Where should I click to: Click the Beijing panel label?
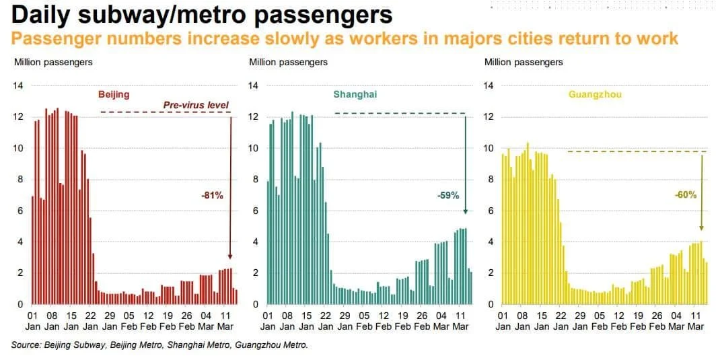[x=114, y=95]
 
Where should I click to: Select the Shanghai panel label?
[x=355, y=95]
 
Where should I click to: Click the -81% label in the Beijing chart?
[x=212, y=195]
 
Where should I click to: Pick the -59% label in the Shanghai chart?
[x=447, y=196]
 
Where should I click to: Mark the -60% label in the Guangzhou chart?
[x=685, y=195]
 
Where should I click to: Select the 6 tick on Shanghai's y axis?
[x=256, y=211]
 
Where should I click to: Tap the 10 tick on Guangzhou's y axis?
[x=489, y=148]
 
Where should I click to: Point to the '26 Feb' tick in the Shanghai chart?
[x=421, y=320]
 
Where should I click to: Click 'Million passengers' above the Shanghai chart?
[x=288, y=63]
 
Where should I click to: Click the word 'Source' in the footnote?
[x=28, y=346]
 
